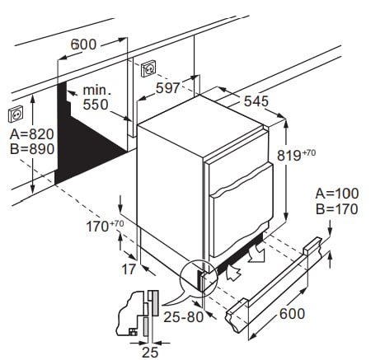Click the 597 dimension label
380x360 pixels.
coord(167,88)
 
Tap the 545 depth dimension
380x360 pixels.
coord(256,101)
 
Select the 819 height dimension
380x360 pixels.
coord(296,155)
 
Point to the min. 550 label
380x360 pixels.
coord(96,97)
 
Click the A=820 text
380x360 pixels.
coord(32,134)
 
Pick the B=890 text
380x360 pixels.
coord(32,149)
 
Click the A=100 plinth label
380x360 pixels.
coord(337,194)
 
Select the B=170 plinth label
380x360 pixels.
coord(337,209)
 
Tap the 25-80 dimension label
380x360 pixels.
coord(184,317)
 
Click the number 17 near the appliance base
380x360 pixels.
coord(129,269)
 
